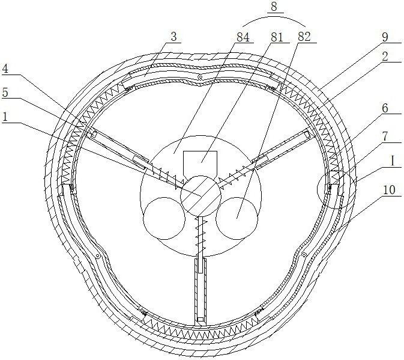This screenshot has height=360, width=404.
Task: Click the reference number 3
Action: [173, 36]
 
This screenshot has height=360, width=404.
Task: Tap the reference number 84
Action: [244, 36]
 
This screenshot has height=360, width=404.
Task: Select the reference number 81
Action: [276, 36]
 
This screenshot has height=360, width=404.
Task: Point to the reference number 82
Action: [304, 36]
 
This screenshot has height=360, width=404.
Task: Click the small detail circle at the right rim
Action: [333, 191]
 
